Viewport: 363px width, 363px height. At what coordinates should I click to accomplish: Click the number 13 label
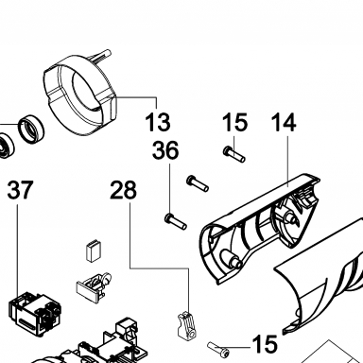click(x=158, y=122)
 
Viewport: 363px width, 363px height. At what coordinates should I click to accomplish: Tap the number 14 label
click(x=284, y=122)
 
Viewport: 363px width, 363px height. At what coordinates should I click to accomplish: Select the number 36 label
click(x=165, y=150)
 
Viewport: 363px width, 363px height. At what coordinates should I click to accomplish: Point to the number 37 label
click(x=20, y=190)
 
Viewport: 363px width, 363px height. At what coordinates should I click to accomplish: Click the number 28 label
click(x=124, y=190)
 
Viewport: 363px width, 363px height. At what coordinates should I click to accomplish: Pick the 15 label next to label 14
click(x=234, y=122)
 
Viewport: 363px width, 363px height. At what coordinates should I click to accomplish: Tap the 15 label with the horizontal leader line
click(x=265, y=343)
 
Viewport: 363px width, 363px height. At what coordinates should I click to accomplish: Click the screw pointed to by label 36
click(x=176, y=222)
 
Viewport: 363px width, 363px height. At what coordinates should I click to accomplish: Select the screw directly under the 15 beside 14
click(x=234, y=154)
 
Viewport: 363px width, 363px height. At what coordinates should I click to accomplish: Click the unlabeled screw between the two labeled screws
click(x=198, y=183)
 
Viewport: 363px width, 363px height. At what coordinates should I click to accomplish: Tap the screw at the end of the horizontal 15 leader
click(x=218, y=348)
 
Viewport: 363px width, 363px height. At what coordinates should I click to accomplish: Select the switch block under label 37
click(x=35, y=315)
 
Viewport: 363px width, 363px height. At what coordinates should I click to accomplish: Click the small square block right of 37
click(x=94, y=251)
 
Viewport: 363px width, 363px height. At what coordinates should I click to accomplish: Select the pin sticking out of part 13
click(x=100, y=56)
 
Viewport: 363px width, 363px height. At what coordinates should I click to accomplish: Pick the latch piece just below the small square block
click(x=94, y=285)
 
